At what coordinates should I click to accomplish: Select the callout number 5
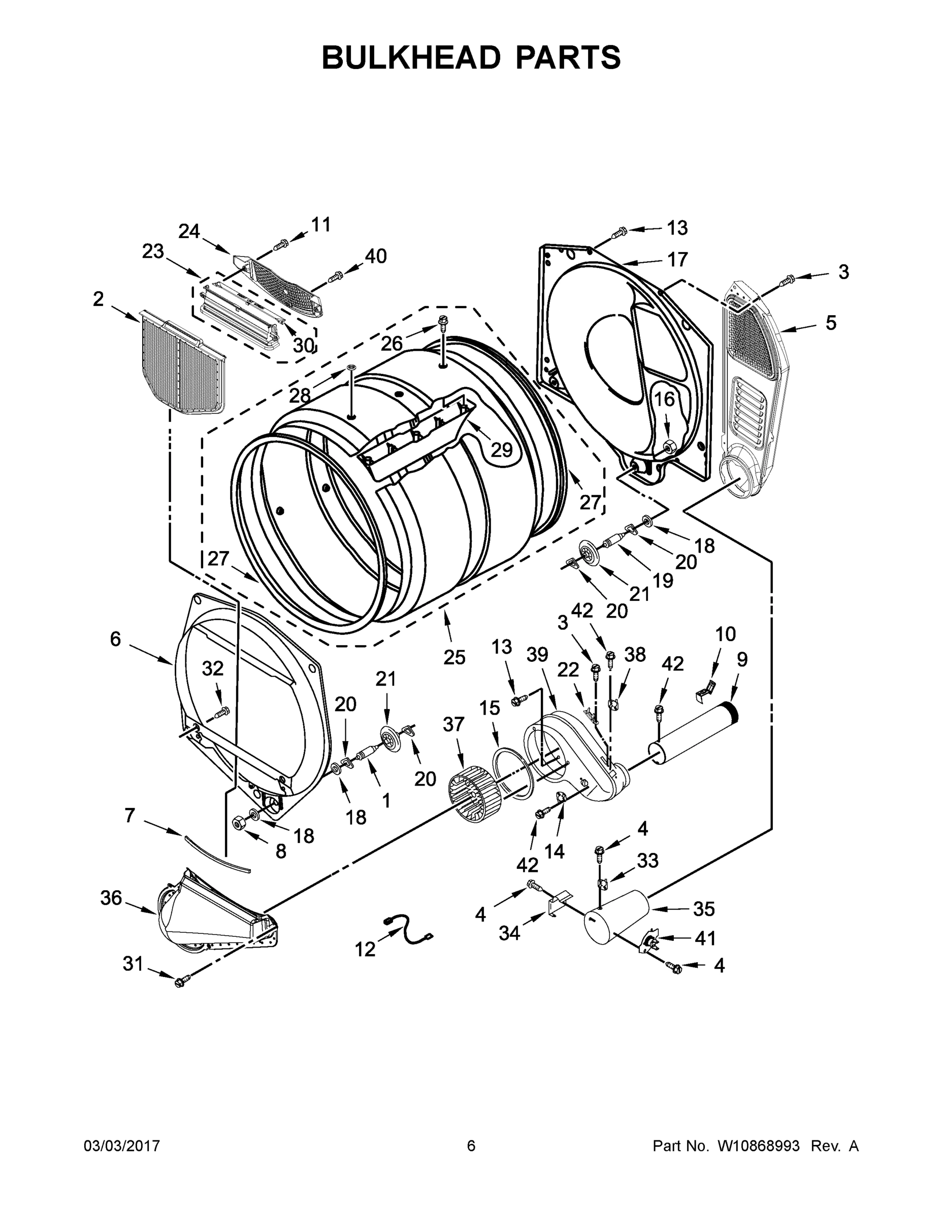coord(831,323)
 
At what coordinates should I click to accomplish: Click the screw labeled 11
coord(281,244)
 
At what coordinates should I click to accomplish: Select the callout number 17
coord(677,260)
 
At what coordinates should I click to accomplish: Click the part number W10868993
coord(758,1145)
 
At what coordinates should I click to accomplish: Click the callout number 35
coord(703,909)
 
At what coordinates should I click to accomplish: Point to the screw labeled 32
coord(222,712)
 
